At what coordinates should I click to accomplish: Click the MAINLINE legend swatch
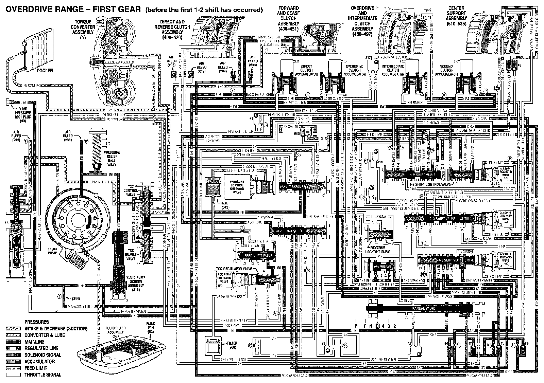click(13, 342)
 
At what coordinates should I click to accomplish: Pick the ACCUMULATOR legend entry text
click(40, 361)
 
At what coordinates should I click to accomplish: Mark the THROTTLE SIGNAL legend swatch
click(13, 375)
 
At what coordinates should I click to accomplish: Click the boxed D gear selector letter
click(377, 326)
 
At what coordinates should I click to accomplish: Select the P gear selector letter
click(356, 326)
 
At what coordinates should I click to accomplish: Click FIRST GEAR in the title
click(116, 10)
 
